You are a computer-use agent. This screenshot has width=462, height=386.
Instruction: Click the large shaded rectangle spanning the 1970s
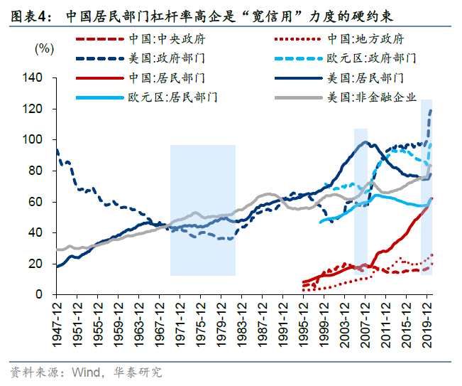pyautogui.click(x=202, y=210)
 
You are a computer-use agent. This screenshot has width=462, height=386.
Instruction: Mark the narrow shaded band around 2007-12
pyautogui.click(x=361, y=206)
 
